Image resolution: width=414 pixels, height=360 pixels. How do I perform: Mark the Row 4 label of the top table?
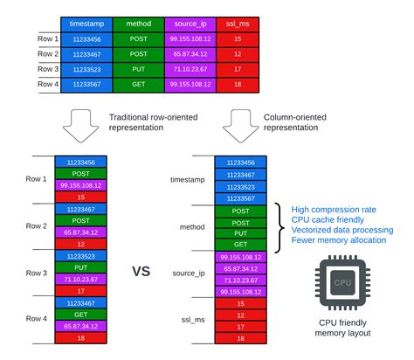coord(43,85)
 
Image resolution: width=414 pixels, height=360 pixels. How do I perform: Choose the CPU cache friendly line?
coord(328,220)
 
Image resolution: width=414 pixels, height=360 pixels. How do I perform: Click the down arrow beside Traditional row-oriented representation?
coord(80,128)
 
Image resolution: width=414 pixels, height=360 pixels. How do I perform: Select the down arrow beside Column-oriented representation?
coord(238,128)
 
